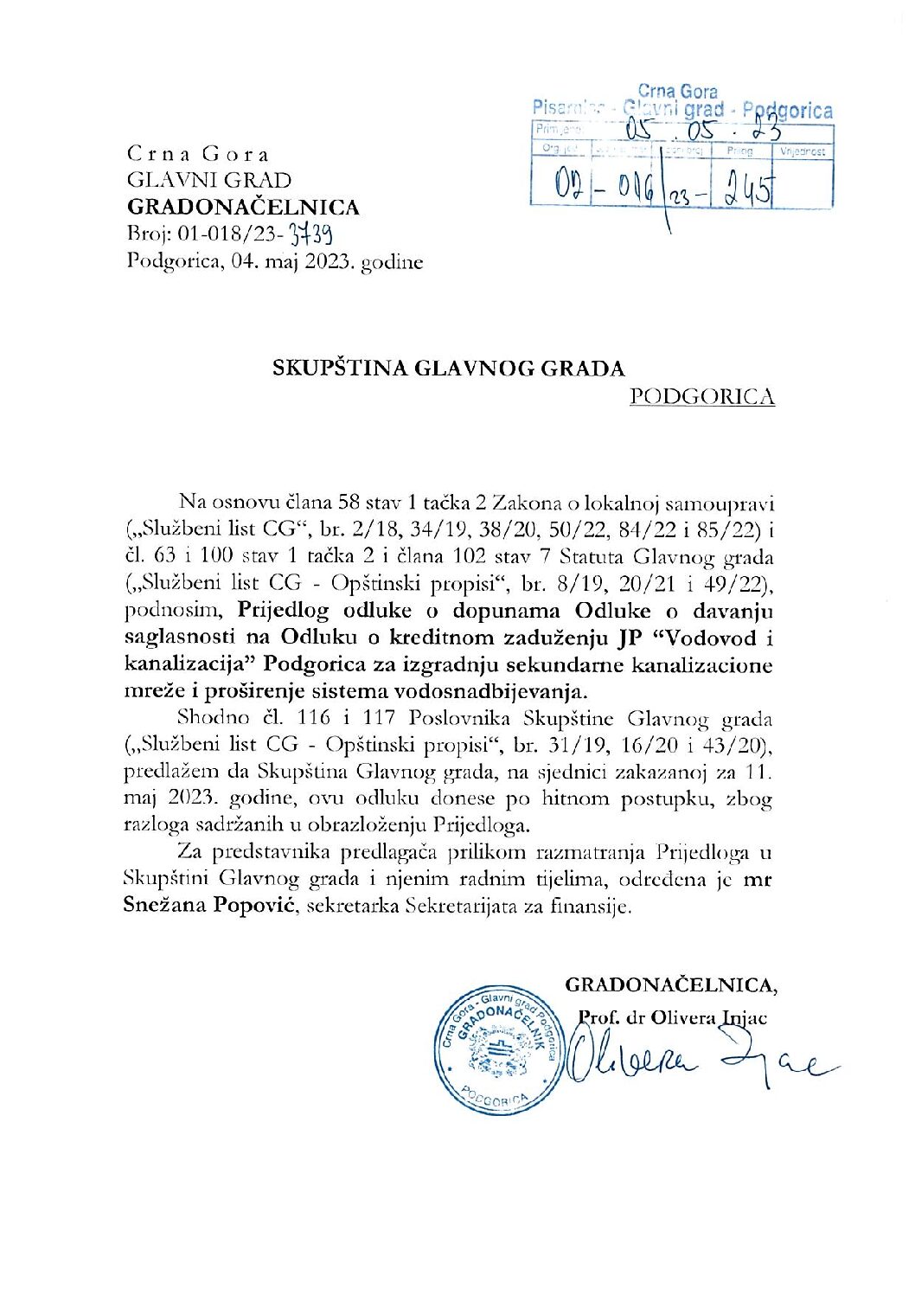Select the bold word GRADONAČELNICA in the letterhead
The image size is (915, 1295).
243,207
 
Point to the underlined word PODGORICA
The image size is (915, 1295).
701,396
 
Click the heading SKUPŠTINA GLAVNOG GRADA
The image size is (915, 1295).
448,369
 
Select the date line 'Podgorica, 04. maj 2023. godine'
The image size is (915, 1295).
275,261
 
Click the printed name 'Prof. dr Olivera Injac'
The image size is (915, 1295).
672,1017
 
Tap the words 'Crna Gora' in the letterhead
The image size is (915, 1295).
198,154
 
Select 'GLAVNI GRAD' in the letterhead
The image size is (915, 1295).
209,180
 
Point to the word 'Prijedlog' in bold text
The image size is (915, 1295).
284,611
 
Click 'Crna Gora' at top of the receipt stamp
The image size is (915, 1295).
677,91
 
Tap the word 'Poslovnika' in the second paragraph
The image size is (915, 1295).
463,718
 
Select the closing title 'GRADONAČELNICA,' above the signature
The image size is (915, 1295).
671,984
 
